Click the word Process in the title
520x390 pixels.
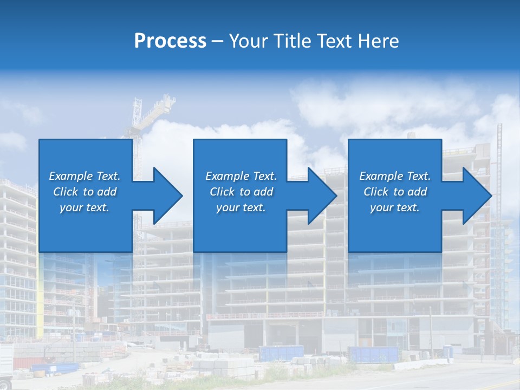click(170, 41)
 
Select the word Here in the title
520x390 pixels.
click(378, 41)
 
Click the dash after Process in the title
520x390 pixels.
click(218, 42)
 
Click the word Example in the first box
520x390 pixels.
click(71, 176)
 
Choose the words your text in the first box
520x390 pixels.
click(84, 207)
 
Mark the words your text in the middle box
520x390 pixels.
click(240, 207)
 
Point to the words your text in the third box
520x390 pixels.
click(394, 207)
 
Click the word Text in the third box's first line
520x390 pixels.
click(418, 176)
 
